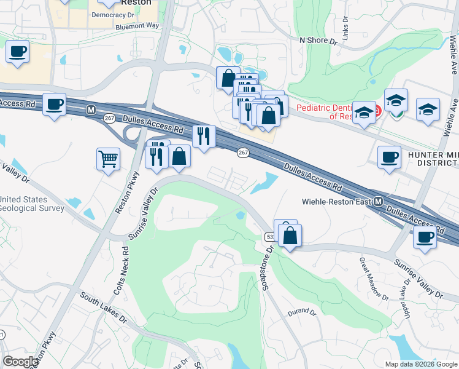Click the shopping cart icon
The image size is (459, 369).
[x=109, y=159]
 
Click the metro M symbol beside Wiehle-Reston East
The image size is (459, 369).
[x=379, y=202]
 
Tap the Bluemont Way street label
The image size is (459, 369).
[x=137, y=26]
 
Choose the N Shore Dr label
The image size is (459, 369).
[x=318, y=41]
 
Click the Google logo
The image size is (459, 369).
[x=20, y=362]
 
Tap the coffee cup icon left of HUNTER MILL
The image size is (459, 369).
[x=389, y=157]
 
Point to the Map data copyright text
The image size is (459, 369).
[x=421, y=364]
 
